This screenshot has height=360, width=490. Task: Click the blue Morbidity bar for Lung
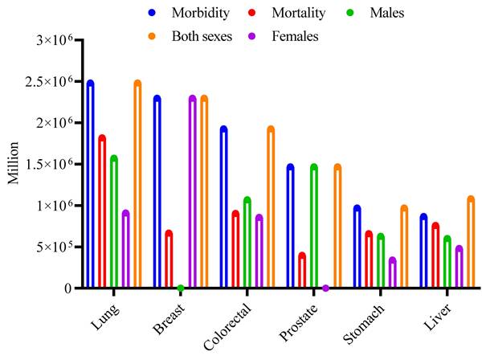point(90,185)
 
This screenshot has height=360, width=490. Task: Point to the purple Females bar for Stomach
point(392,273)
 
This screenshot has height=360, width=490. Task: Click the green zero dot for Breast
point(181,288)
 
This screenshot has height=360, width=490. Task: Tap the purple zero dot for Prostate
point(325,288)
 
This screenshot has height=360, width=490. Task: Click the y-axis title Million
point(14,166)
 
